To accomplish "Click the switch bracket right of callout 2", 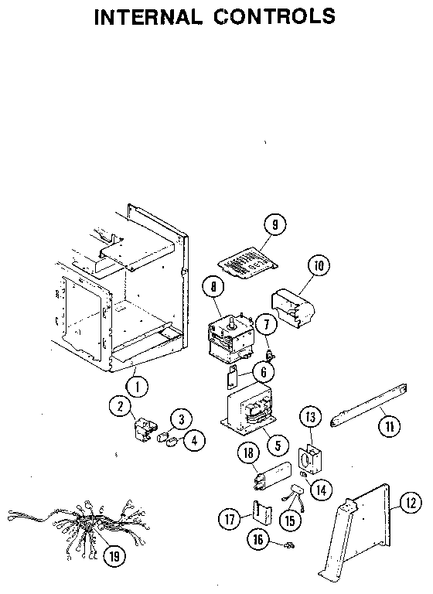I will [x=145, y=428].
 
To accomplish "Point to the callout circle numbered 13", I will [x=309, y=417].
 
